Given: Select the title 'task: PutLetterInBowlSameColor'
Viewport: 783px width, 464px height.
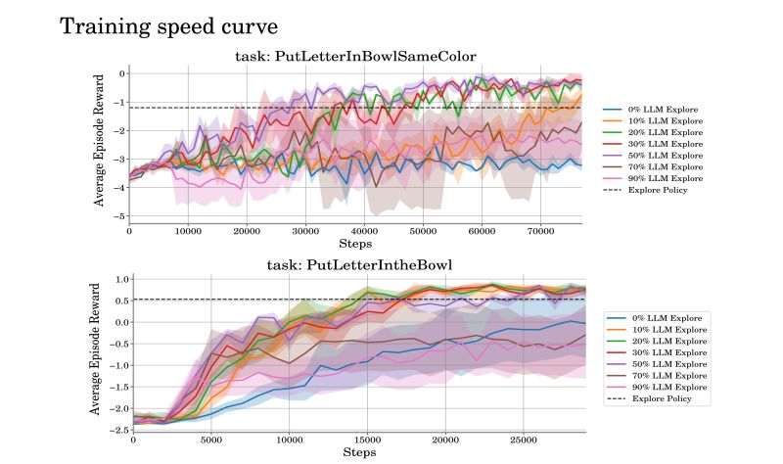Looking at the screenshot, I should coord(356,56).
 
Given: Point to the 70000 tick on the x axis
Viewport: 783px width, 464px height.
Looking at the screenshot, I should coord(539,232).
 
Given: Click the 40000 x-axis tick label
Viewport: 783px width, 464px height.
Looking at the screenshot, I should coord(364,232).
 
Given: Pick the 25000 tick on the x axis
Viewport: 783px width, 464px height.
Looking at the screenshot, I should coord(525,441).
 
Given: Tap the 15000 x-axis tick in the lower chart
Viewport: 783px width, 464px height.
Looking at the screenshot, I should coord(367,441).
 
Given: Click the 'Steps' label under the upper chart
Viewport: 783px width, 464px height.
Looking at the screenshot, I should coord(355,243).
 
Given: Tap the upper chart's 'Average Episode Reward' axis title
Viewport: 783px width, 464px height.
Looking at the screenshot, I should coord(99,142).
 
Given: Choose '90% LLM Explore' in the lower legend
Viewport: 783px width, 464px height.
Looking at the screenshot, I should coord(669,388).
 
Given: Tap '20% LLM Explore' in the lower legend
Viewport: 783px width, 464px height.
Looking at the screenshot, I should coord(669,342).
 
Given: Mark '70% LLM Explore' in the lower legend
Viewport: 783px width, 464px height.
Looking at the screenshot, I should coord(669,376).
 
